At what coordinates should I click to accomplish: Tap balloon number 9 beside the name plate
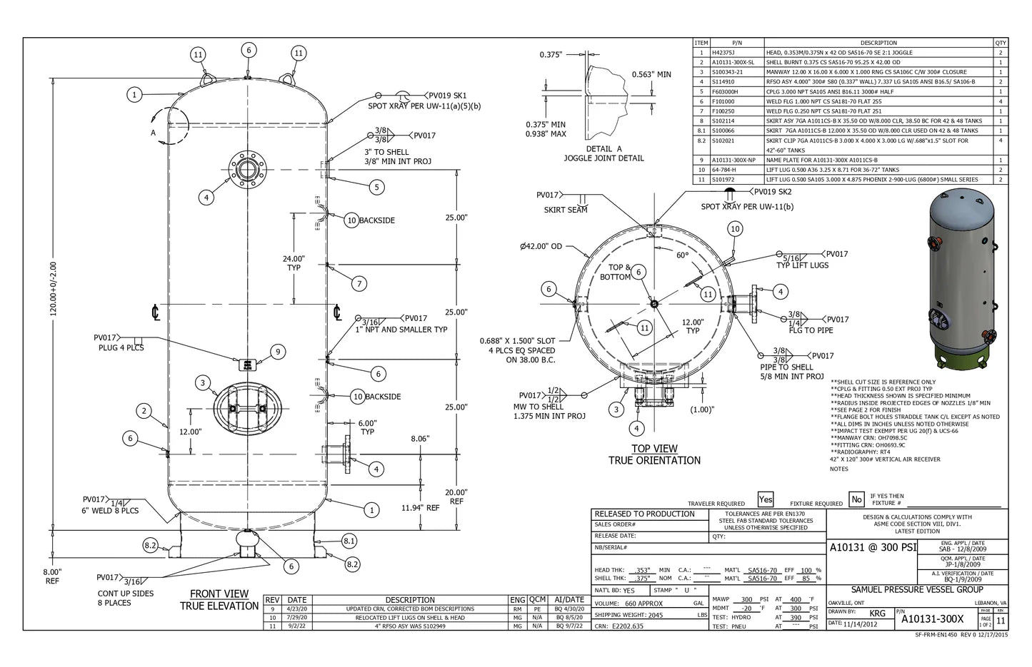[279, 351]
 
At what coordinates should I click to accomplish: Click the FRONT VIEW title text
[219, 594]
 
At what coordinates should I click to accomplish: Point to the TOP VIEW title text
[654, 449]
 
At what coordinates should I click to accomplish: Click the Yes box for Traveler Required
[766, 500]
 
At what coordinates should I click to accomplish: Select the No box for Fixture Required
[856, 500]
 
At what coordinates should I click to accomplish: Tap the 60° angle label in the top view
[682, 255]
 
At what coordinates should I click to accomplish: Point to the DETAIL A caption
[603, 149]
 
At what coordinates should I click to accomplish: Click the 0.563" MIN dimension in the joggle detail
[651, 74]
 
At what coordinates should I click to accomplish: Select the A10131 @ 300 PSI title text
[871, 548]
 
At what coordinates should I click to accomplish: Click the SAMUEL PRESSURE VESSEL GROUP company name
[917, 590]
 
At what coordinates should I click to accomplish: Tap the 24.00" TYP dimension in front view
[294, 263]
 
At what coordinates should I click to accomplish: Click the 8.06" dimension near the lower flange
[420, 439]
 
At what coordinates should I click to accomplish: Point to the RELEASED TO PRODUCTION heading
[644, 514]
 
